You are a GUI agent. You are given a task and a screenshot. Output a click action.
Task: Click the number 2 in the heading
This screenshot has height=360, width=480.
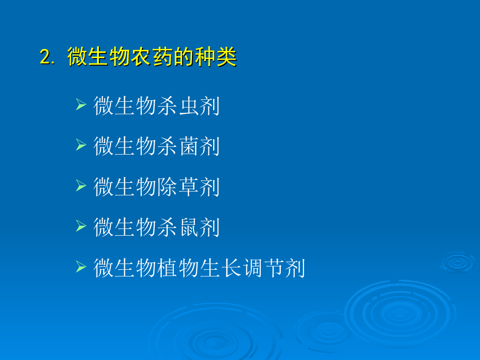pos(45,57)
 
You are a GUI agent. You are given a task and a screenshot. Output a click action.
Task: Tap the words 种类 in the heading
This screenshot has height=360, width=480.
pos(216,57)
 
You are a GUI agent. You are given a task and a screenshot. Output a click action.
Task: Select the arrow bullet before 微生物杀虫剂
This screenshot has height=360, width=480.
pos(81,104)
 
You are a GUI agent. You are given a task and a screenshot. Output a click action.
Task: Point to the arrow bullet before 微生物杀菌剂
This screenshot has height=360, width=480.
pos(81,145)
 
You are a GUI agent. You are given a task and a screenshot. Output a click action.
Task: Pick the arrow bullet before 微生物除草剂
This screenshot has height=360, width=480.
pos(81,185)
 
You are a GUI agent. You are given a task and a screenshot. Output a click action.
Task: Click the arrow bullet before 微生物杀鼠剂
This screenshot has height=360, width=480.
pos(81,226)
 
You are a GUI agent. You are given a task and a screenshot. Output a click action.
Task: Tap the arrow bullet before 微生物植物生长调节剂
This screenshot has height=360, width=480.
pos(81,266)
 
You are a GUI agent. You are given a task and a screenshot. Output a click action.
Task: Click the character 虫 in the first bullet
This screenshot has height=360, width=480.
pos(188,106)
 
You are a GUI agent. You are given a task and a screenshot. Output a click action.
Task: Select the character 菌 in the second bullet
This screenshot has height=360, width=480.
pos(188,146)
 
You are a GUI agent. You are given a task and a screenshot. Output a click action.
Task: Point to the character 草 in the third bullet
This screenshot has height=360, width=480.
pos(188,187)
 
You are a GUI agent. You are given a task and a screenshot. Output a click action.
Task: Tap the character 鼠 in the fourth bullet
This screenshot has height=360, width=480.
pos(188,228)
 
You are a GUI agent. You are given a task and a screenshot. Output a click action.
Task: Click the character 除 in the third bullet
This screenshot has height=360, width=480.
pos(167,187)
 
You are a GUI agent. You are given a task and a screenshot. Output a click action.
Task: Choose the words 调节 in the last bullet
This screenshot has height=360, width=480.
pos(263,268)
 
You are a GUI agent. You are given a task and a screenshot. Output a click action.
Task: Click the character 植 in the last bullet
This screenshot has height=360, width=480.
pos(167,268)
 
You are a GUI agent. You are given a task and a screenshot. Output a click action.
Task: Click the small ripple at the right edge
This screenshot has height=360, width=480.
pos(457,263)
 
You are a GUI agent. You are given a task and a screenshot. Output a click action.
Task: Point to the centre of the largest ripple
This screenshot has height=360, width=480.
pos(399,313)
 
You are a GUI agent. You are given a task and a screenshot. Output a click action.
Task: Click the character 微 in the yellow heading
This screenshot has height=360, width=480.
pos(78,57)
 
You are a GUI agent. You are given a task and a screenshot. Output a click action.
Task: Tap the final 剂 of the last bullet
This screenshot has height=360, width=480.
pos(295,268)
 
